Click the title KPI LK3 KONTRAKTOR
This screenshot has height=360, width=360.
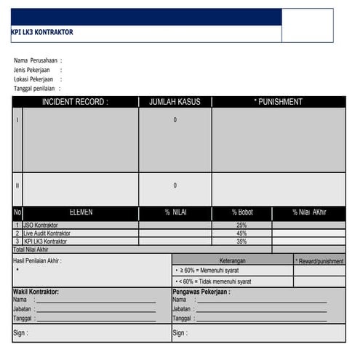[x=42, y=33]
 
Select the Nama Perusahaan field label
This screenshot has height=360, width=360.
[x=37, y=60]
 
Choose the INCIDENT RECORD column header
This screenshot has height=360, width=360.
[x=75, y=102]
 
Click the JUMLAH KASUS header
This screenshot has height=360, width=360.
[x=175, y=102]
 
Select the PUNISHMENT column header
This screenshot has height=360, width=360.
[x=279, y=102]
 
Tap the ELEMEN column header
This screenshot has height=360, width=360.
[x=81, y=212]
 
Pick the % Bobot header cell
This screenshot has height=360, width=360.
[x=242, y=212]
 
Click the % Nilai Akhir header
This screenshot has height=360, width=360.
[x=309, y=212]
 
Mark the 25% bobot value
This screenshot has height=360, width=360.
[x=242, y=225]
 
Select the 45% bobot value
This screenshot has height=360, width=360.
[x=242, y=233]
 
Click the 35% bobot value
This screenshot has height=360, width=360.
[x=242, y=241]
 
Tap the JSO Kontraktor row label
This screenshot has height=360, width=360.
[x=41, y=225]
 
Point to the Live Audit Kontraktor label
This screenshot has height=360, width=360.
[x=47, y=233]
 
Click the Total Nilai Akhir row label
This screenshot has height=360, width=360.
[x=36, y=249]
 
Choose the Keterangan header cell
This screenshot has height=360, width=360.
[x=233, y=260]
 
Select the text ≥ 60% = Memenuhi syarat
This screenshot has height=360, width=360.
[x=216, y=270]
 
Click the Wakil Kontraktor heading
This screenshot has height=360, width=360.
[x=36, y=292]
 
